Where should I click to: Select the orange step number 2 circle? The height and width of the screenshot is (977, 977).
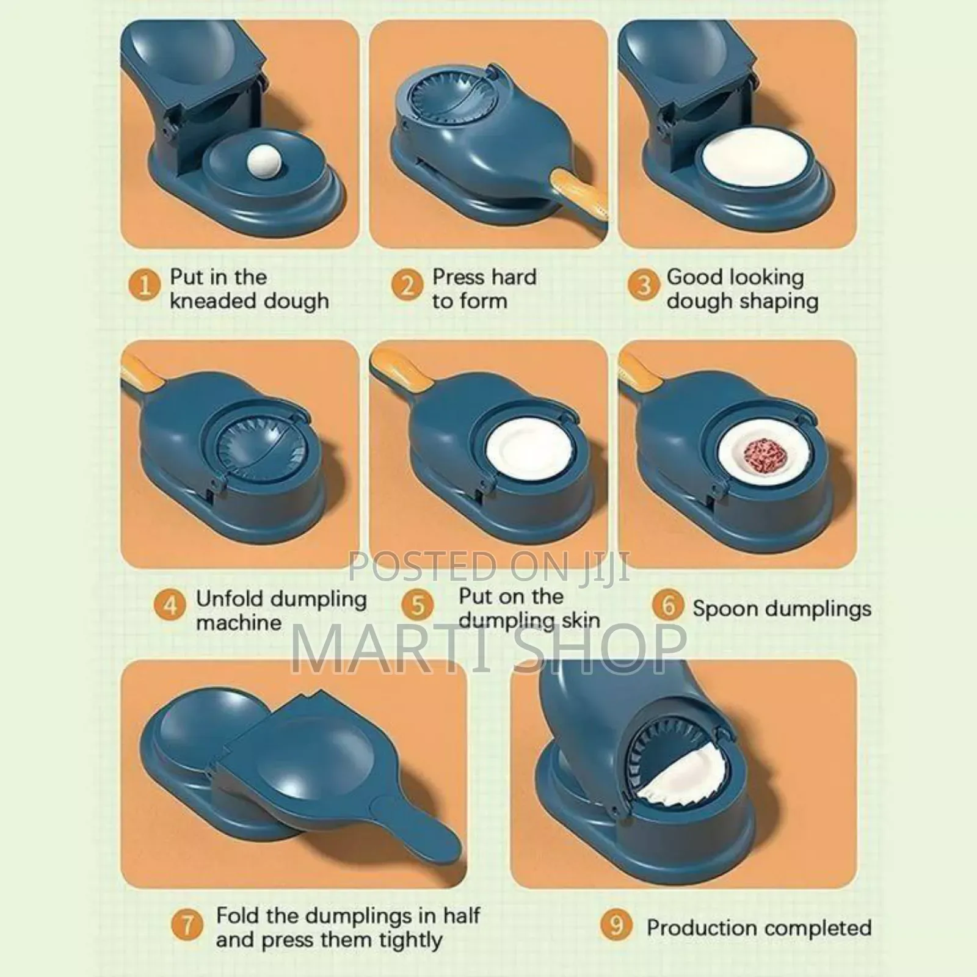[x=407, y=285]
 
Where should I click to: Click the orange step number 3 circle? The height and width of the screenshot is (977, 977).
[x=644, y=285]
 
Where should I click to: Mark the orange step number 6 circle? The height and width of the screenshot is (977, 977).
[x=668, y=606]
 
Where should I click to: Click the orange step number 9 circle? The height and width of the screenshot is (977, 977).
[x=617, y=924]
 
